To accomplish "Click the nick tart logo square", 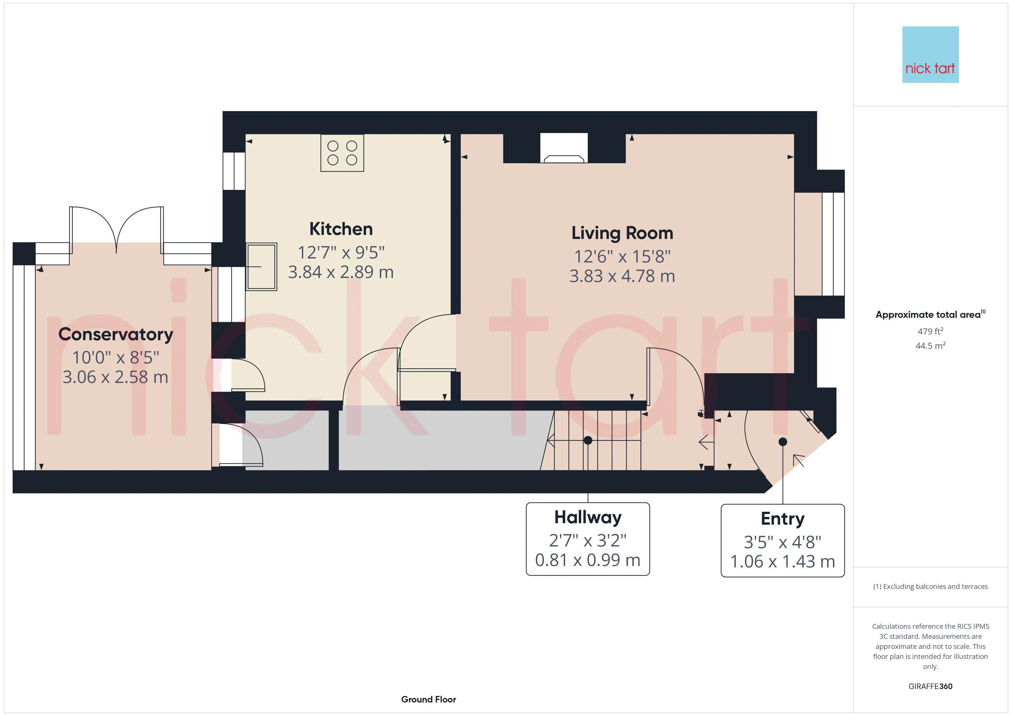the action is click(931, 55).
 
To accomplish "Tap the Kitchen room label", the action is click(341, 229).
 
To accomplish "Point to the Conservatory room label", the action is click(116, 334).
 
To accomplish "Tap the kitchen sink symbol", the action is click(261, 267).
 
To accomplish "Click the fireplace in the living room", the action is click(564, 148).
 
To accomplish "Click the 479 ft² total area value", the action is click(931, 331).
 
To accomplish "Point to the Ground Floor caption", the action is click(429, 699).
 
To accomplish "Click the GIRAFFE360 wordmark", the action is click(931, 686).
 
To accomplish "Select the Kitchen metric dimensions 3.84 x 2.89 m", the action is click(341, 272).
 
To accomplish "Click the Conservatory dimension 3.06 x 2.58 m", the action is click(116, 377).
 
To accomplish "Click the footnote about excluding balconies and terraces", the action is click(931, 586).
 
